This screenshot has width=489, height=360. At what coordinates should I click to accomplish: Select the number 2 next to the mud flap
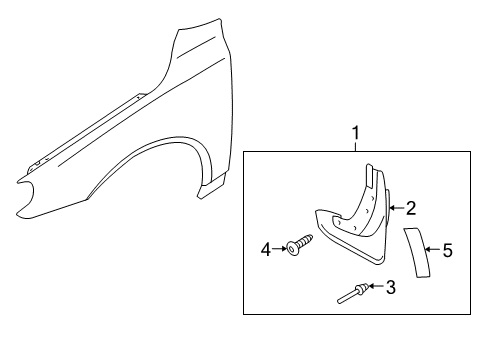410,208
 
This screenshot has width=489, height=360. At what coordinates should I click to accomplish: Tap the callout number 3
391,288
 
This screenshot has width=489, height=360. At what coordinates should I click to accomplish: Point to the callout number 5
448,251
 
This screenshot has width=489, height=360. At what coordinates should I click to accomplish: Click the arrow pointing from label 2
396,209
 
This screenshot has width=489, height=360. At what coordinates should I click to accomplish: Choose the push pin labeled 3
353,294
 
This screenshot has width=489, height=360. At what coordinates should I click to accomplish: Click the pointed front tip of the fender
19,182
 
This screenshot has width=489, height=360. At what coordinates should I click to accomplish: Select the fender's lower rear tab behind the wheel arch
207,190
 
